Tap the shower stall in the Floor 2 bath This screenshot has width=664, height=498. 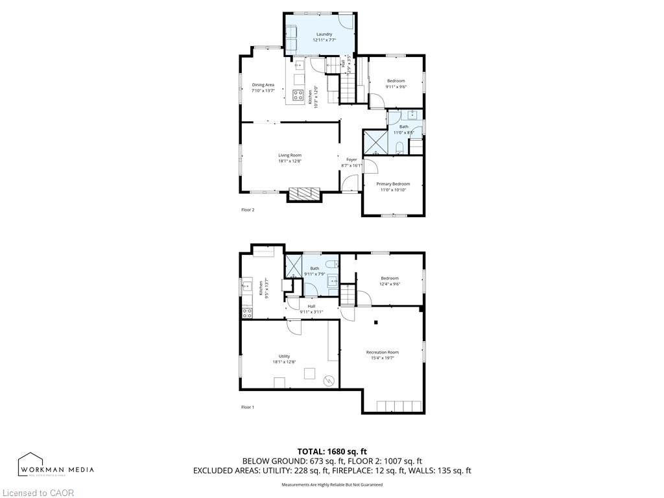click(375, 141)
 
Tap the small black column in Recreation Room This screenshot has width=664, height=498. click(375, 322)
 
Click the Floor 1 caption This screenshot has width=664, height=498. click(248, 407)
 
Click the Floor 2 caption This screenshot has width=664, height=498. click(248, 210)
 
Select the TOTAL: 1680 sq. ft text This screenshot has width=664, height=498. click(332, 451)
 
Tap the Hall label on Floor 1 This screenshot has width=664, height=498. click(311, 306)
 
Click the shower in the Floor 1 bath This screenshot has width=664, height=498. click(294, 267)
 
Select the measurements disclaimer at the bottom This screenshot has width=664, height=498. click(332, 484)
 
